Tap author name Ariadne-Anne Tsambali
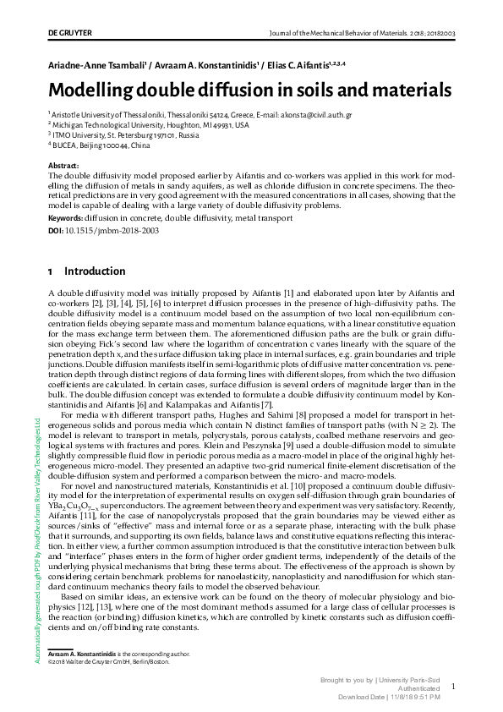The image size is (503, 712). pos(96,64)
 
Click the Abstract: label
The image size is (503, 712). pos(63,165)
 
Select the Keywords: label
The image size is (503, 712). pos(67,217)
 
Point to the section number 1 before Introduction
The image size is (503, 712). pos(50,271)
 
